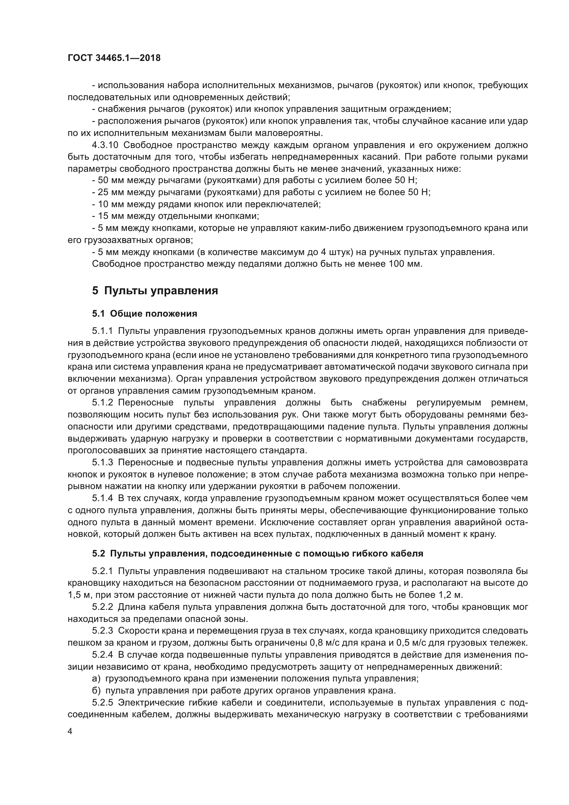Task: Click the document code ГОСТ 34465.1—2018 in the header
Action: point(114,58)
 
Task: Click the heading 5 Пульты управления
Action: point(155,291)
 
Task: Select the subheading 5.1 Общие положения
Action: point(145,314)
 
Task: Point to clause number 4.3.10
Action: point(106,145)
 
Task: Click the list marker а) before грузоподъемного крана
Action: point(96,678)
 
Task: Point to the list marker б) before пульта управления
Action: point(96,690)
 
